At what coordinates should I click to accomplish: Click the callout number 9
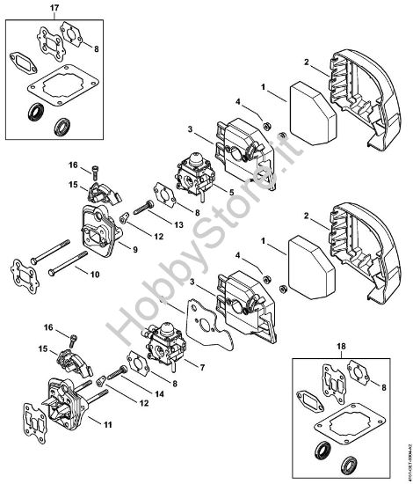[x=135, y=250]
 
